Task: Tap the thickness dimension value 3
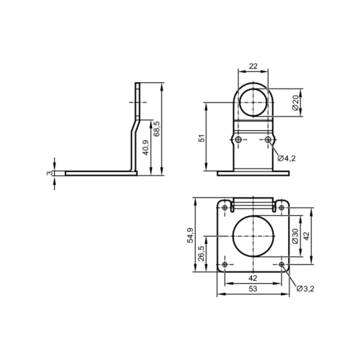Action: (x=50, y=173)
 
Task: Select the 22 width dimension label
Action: (x=253, y=66)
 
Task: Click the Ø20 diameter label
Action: (x=296, y=103)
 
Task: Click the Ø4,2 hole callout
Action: (x=287, y=158)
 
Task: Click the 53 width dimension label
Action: (x=253, y=289)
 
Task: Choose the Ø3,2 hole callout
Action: (x=305, y=289)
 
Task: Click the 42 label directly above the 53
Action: (x=253, y=277)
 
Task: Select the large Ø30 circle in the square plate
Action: (x=253, y=235)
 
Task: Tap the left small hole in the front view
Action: (x=237, y=138)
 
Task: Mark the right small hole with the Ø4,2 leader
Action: (x=268, y=138)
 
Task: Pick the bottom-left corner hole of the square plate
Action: (x=225, y=264)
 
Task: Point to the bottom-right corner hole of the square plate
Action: (x=282, y=264)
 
